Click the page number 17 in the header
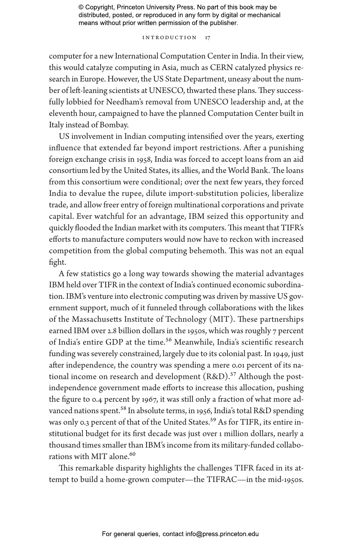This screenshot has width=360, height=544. [x=207, y=38]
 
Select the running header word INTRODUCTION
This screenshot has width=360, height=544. [x=169, y=38]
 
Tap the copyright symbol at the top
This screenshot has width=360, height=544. [x=81, y=7]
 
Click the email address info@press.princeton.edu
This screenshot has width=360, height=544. [x=222, y=534]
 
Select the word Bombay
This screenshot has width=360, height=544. [x=114, y=125]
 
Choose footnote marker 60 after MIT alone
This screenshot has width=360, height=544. [x=132, y=454]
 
